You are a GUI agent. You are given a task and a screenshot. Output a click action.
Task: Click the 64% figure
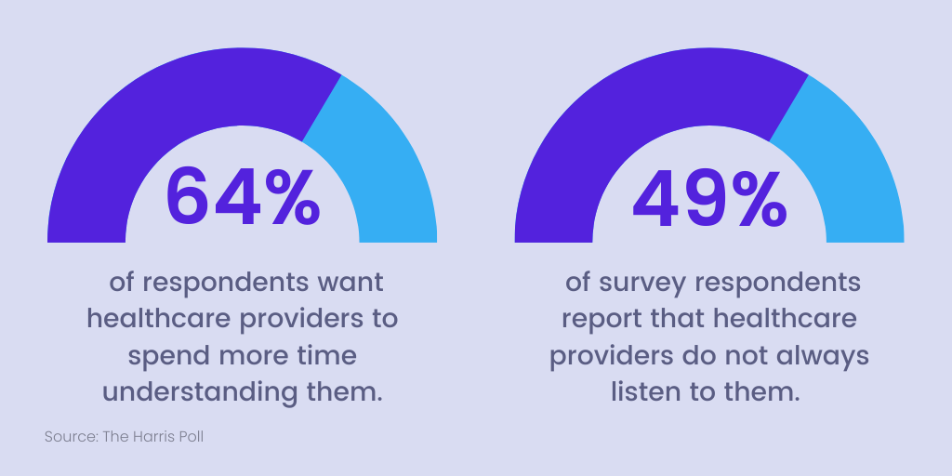[243, 196]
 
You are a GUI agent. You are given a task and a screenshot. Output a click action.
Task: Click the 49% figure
[709, 196]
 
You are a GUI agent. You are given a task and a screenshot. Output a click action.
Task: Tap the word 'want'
[349, 282]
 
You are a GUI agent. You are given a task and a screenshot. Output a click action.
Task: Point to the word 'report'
[598, 319]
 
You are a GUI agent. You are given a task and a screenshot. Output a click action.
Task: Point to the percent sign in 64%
[290, 196]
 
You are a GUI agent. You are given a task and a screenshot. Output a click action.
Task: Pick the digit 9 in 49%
[709, 196]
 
